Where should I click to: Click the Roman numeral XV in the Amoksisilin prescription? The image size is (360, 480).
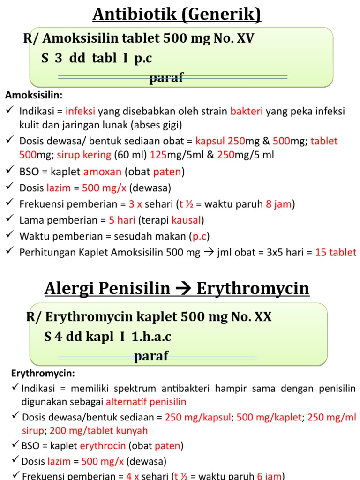[244, 39]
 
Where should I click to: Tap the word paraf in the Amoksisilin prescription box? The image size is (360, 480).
[166, 78]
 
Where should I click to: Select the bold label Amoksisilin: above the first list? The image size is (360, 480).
[34, 95]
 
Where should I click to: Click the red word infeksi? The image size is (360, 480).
[80, 112]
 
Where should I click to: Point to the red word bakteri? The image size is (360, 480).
[247, 112]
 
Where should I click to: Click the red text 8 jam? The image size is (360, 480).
[280, 204]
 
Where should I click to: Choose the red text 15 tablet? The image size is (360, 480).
[336, 252]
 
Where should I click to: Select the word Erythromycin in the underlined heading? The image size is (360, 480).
[253, 289]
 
